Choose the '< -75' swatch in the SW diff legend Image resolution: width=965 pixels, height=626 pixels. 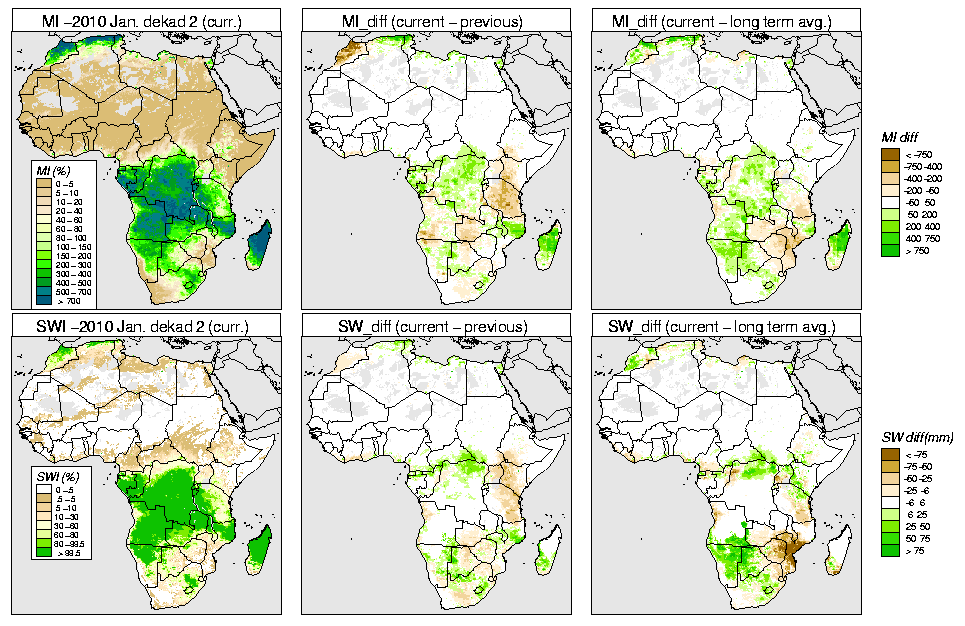886,454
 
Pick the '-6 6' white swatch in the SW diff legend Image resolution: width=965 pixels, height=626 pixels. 886,502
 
